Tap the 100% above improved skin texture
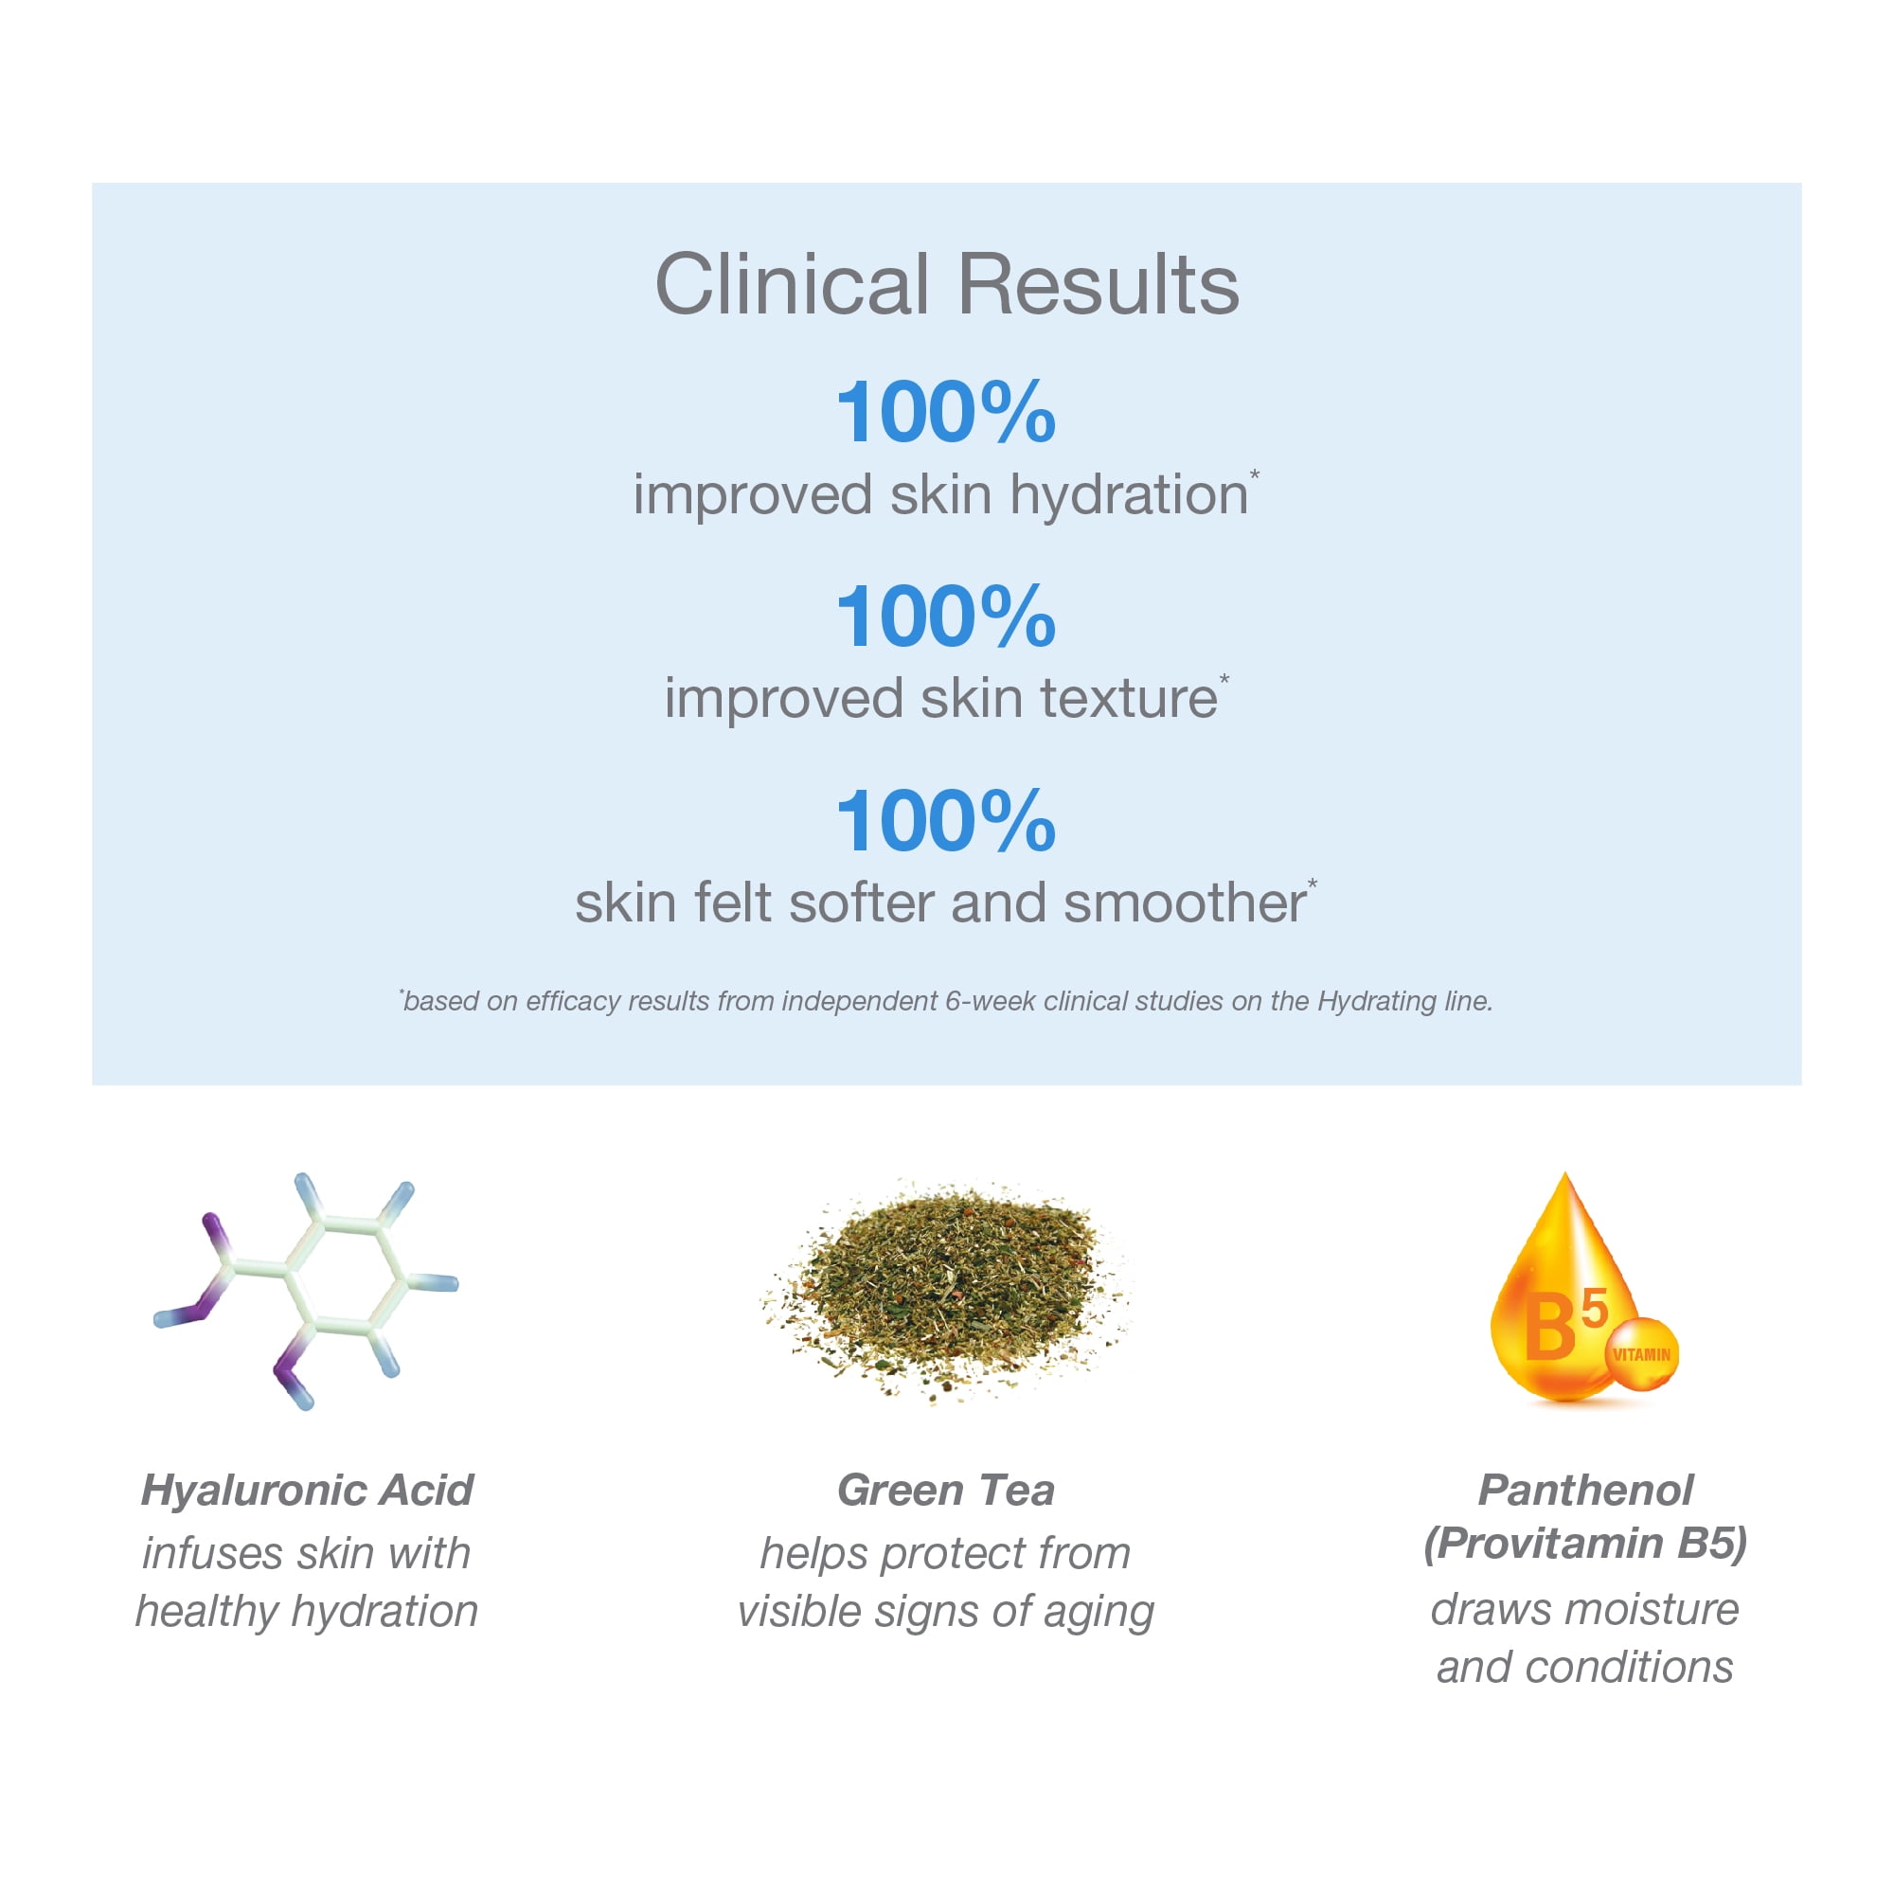coord(945,616)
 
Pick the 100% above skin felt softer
coord(945,820)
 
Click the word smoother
coord(1185,902)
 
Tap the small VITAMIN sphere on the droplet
coord(1641,1354)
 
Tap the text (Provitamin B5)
coord(1585,1544)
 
